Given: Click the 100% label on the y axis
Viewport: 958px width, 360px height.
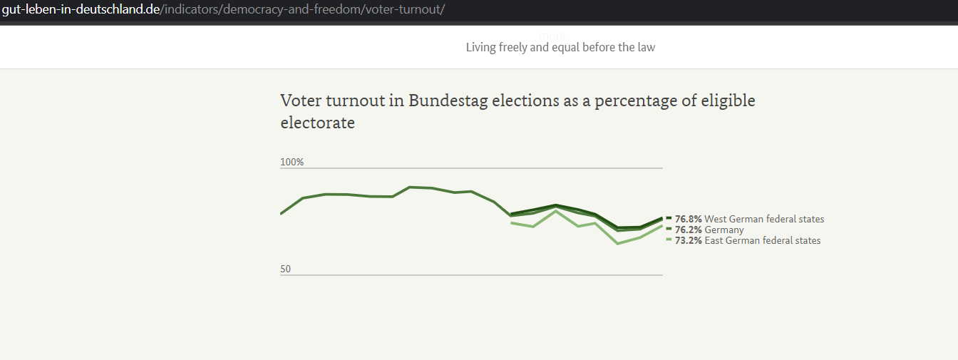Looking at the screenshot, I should point(292,163).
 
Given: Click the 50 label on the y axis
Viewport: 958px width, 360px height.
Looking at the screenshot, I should point(286,269).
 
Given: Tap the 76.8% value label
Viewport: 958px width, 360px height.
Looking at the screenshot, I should point(689,219).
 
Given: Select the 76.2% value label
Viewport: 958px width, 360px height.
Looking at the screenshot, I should point(689,230).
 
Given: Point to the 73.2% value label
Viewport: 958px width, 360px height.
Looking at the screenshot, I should point(689,240).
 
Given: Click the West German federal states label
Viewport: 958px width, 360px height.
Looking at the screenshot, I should point(764,219).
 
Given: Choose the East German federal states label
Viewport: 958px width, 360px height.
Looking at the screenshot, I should point(763,240).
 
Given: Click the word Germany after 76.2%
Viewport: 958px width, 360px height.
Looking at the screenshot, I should point(724,230).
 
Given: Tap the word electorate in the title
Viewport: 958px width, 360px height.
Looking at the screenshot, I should point(318,123).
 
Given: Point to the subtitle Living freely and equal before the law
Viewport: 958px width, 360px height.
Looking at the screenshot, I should point(560,47).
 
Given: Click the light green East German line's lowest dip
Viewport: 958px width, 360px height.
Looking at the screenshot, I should point(617,244).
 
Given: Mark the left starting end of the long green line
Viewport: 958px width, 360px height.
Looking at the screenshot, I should point(282,213).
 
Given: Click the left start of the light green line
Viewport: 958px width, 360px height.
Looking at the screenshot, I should point(512,223).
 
